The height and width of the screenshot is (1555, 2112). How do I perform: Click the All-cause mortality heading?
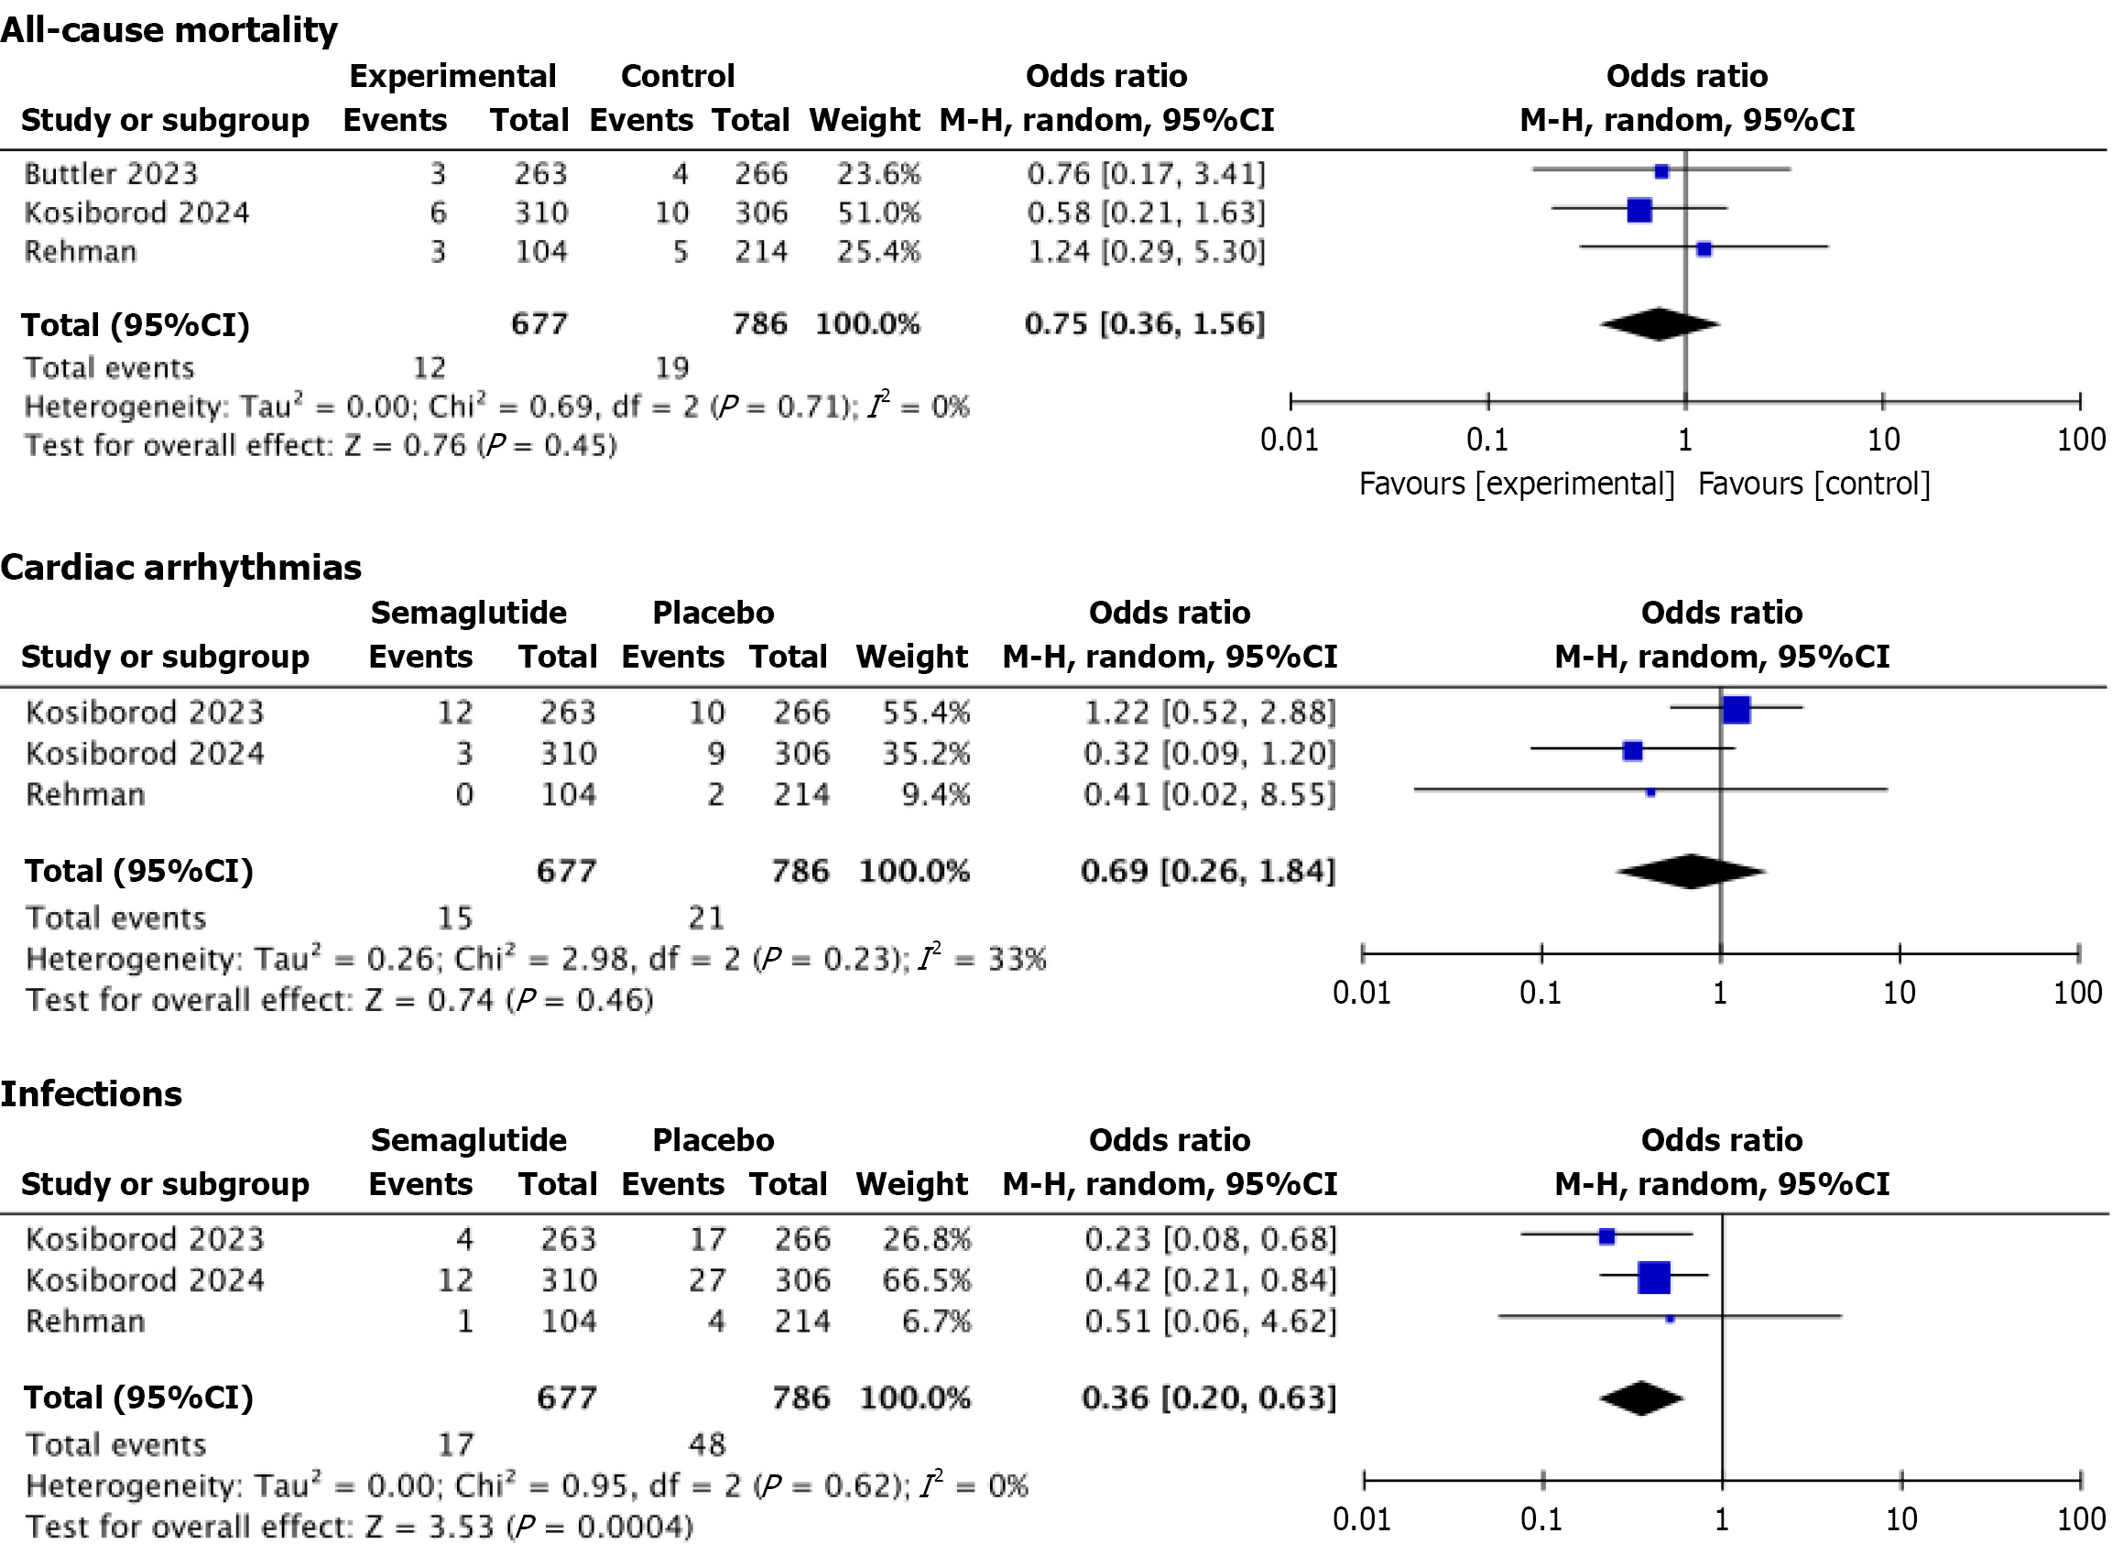tap(169, 30)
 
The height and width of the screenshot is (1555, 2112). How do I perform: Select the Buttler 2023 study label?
tap(111, 174)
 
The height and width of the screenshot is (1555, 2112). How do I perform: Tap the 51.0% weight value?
tap(878, 212)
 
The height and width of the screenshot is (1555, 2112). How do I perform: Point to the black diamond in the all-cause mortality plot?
tap(1660, 324)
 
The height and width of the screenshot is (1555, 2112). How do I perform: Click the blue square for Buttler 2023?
tap(1661, 171)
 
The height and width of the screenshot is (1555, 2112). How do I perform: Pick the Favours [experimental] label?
tap(1517, 484)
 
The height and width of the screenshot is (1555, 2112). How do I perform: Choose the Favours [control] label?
tap(1813, 484)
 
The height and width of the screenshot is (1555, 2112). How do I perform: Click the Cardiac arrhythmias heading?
tap(180, 568)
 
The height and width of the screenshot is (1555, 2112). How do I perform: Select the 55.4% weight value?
tap(925, 712)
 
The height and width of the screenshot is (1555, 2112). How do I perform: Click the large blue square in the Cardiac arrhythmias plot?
tap(1736, 710)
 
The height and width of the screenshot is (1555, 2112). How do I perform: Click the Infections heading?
tap(92, 1093)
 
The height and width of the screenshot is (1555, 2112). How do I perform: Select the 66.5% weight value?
tap(925, 1280)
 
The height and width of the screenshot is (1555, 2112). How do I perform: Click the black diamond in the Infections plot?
tap(1640, 1397)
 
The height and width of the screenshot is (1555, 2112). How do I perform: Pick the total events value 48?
tap(707, 1444)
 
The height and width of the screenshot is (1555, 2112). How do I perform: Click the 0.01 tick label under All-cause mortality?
tap(1289, 440)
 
